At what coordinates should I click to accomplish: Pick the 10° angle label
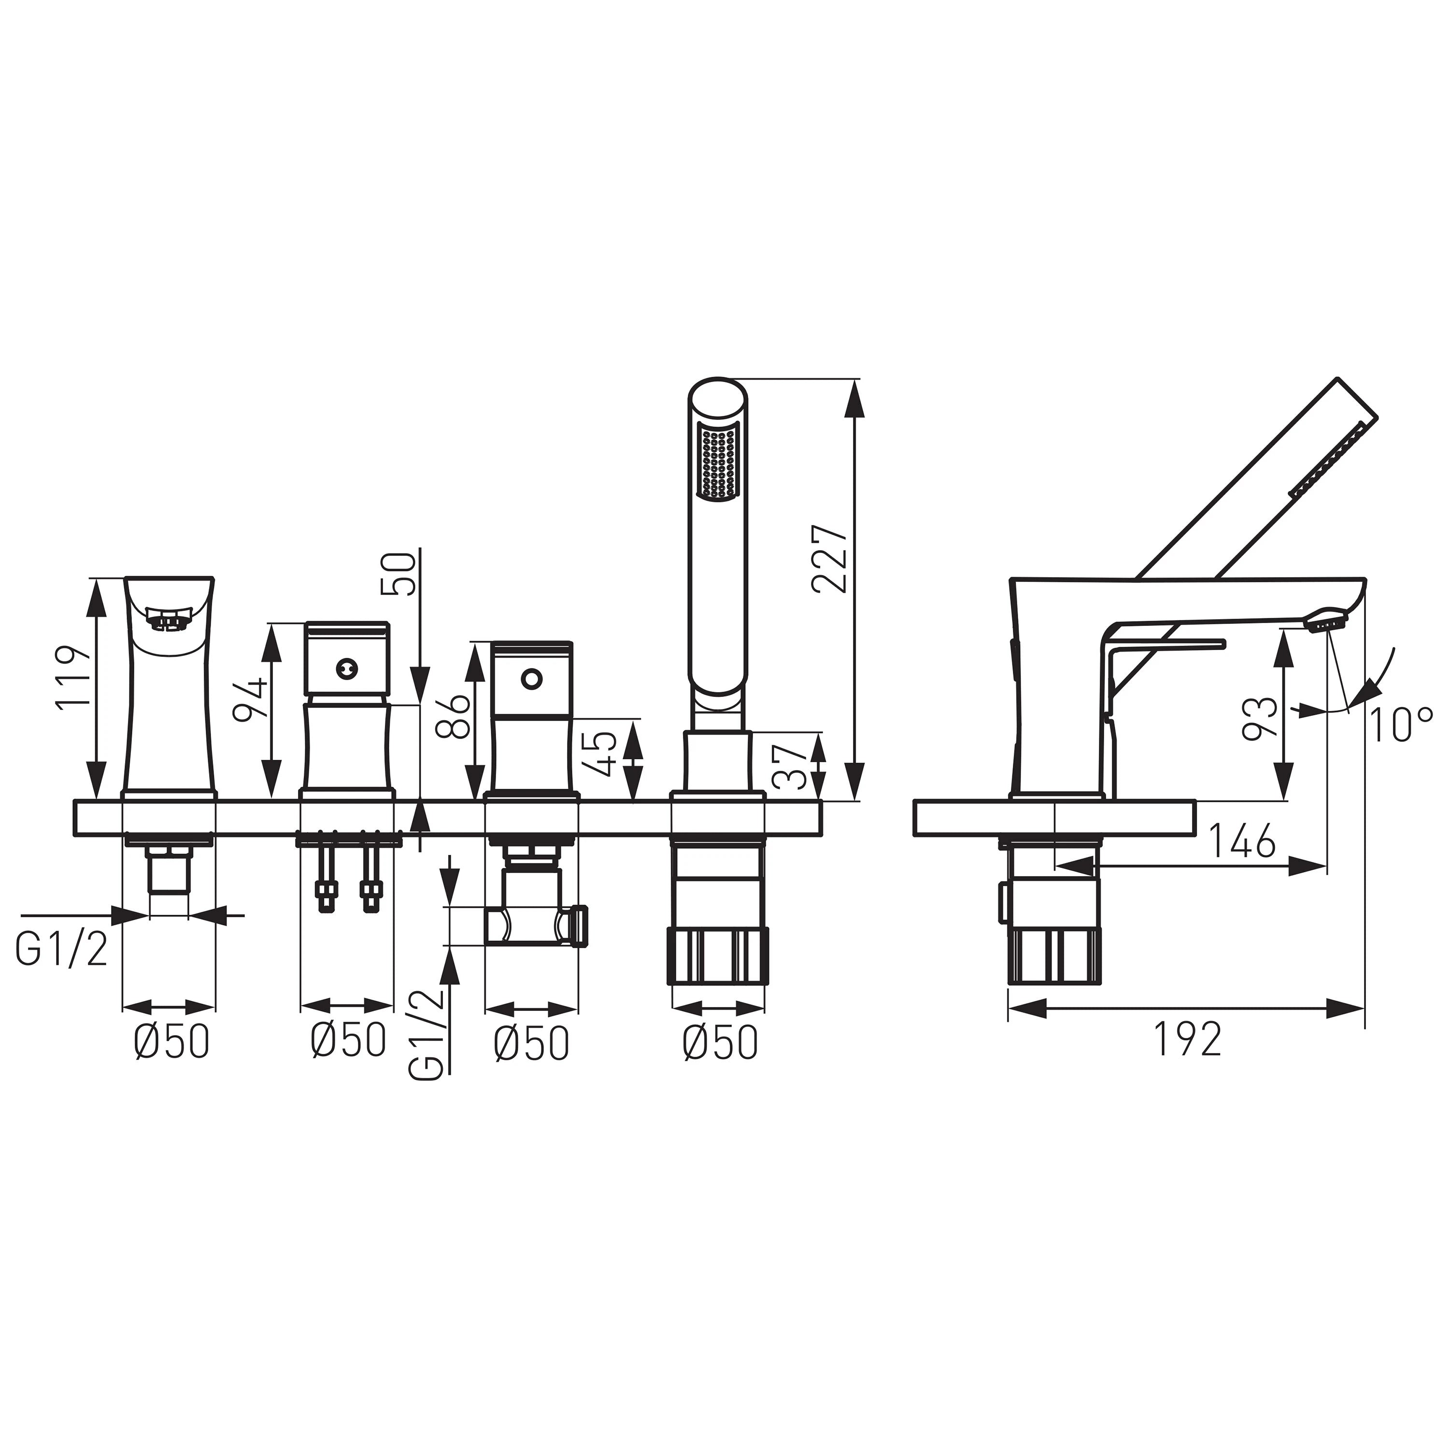tap(1400, 724)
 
